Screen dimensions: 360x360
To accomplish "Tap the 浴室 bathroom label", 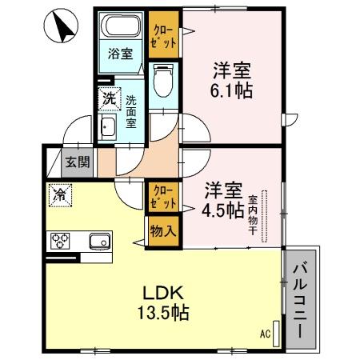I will click(x=120, y=55).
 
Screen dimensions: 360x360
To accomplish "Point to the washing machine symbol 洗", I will click(x=107, y=99).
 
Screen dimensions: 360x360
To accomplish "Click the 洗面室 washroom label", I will click(x=131, y=113).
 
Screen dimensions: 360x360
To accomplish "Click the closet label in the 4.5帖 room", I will click(x=163, y=198).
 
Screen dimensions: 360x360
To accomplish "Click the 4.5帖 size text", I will click(x=223, y=211).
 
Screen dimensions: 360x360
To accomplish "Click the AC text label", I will click(x=266, y=334).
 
